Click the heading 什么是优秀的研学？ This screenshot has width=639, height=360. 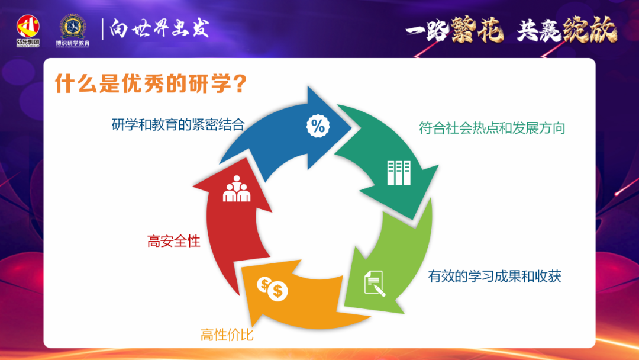click(x=151, y=83)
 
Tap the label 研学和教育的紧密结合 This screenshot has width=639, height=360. click(x=178, y=124)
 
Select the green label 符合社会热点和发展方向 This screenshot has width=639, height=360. click(x=492, y=128)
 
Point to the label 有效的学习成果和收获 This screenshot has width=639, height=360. click(x=494, y=277)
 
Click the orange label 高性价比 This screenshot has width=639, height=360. click(x=227, y=335)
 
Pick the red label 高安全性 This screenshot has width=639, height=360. click(x=173, y=242)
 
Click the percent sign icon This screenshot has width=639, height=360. click(x=318, y=126)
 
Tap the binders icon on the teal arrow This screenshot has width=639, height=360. click(x=399, y=173)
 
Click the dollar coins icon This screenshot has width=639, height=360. click(x=272, y=288)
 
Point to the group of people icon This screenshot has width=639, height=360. click(x=236, y=188)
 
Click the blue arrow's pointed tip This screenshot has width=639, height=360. click(x=351, y=127)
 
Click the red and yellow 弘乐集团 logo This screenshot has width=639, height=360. click(x=28, y=31)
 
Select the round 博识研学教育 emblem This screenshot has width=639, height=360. click(x=73, y=31)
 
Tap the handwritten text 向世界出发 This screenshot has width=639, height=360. click(x=159, y=28)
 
